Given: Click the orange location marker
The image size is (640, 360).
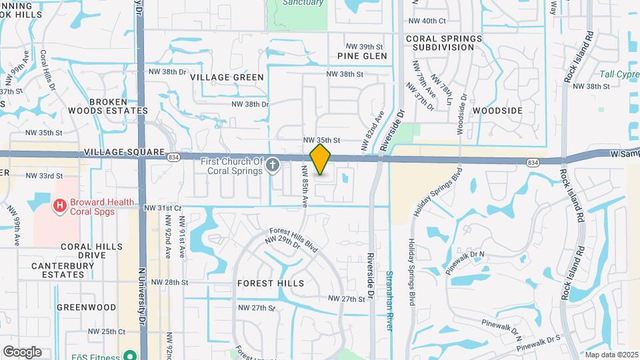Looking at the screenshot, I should pyautogui.click(x=321, y=159).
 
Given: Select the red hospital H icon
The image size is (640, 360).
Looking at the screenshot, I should pyautogui.click(x=59, y=207).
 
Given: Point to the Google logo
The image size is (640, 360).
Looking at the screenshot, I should pyautogui.click(x=22, y=352).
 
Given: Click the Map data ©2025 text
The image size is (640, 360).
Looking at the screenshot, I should pyautogui.click(x=611, y=355).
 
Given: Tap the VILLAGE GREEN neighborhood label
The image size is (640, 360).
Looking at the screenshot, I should pyautogui.click(x=227, y=77).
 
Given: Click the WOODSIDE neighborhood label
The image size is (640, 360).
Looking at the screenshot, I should pyautogui.click(x=497, y=109).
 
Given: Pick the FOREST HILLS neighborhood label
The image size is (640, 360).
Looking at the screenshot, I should pyautogui.click(x=271, y=283).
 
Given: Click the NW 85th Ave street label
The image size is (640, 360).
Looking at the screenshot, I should pyautogui.click(x=305, y=186).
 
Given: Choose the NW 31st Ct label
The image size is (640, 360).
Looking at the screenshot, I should pyautogui.click(x=163, y=208).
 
